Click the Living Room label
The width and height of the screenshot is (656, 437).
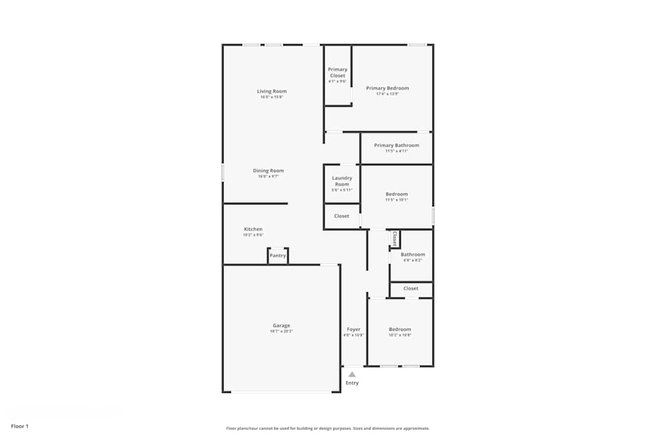pyautogui.click(x=272, y=91)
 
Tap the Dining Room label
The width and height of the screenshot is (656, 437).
pyautogui.click(x=268, y=171)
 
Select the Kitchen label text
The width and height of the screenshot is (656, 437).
pyautogui.click(x=253, y=229)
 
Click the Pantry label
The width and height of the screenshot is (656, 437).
pyautogui.click(x=278, y=256)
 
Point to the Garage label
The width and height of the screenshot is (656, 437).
pyautogui.click(x=281, y=326)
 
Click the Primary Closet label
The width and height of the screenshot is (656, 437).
pyautogui.click(x=338, y=72)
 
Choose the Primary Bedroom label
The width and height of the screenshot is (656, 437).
pyautogui.click(x=387, y=88)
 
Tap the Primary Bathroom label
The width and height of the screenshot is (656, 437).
pyautogui.click(x=396, y=145)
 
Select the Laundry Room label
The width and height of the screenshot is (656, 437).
pyautogui.click(x=342, y=181)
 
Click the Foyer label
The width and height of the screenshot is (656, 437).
pyautogui.click(x=354, y=330)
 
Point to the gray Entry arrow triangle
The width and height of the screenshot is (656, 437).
pyautogui.click(x=352, y=375)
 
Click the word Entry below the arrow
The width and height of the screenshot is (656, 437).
pyautogui.click(x=352, y=383)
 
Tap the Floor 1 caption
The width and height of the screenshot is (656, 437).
pyautogui.click(x=20, y=426)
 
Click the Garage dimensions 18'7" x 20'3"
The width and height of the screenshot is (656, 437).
pyautogui.click(x=281, y=332)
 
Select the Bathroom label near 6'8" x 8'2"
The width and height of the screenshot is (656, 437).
pyautogui.click(x=413, y=254)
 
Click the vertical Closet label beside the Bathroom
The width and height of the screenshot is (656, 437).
pyautogui.click(x=395, y=238)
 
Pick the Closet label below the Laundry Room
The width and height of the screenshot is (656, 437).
pyautogui.click(x=342, y=216)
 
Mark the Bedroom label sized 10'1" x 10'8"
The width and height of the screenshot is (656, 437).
pyautogui.click(x=400, y=330)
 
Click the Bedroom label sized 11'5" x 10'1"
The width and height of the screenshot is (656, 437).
pyautogui.click(x=396, y=194)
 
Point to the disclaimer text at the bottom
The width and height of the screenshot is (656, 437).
pyautogui.click(x=328, y=428)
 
